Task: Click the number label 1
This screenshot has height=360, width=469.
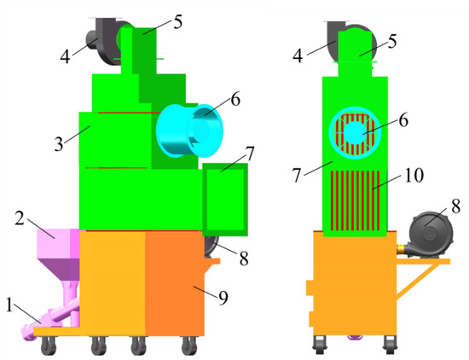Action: point(9,306)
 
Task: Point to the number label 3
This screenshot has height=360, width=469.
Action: point(59,144)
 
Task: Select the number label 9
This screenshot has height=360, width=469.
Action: point(223,298)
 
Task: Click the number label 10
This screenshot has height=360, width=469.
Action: point(414,175)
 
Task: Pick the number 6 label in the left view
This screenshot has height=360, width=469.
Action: point(235,100)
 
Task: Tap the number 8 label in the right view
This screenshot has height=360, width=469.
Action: point(455,206)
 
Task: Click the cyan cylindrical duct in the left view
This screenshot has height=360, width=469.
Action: point(190,131)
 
